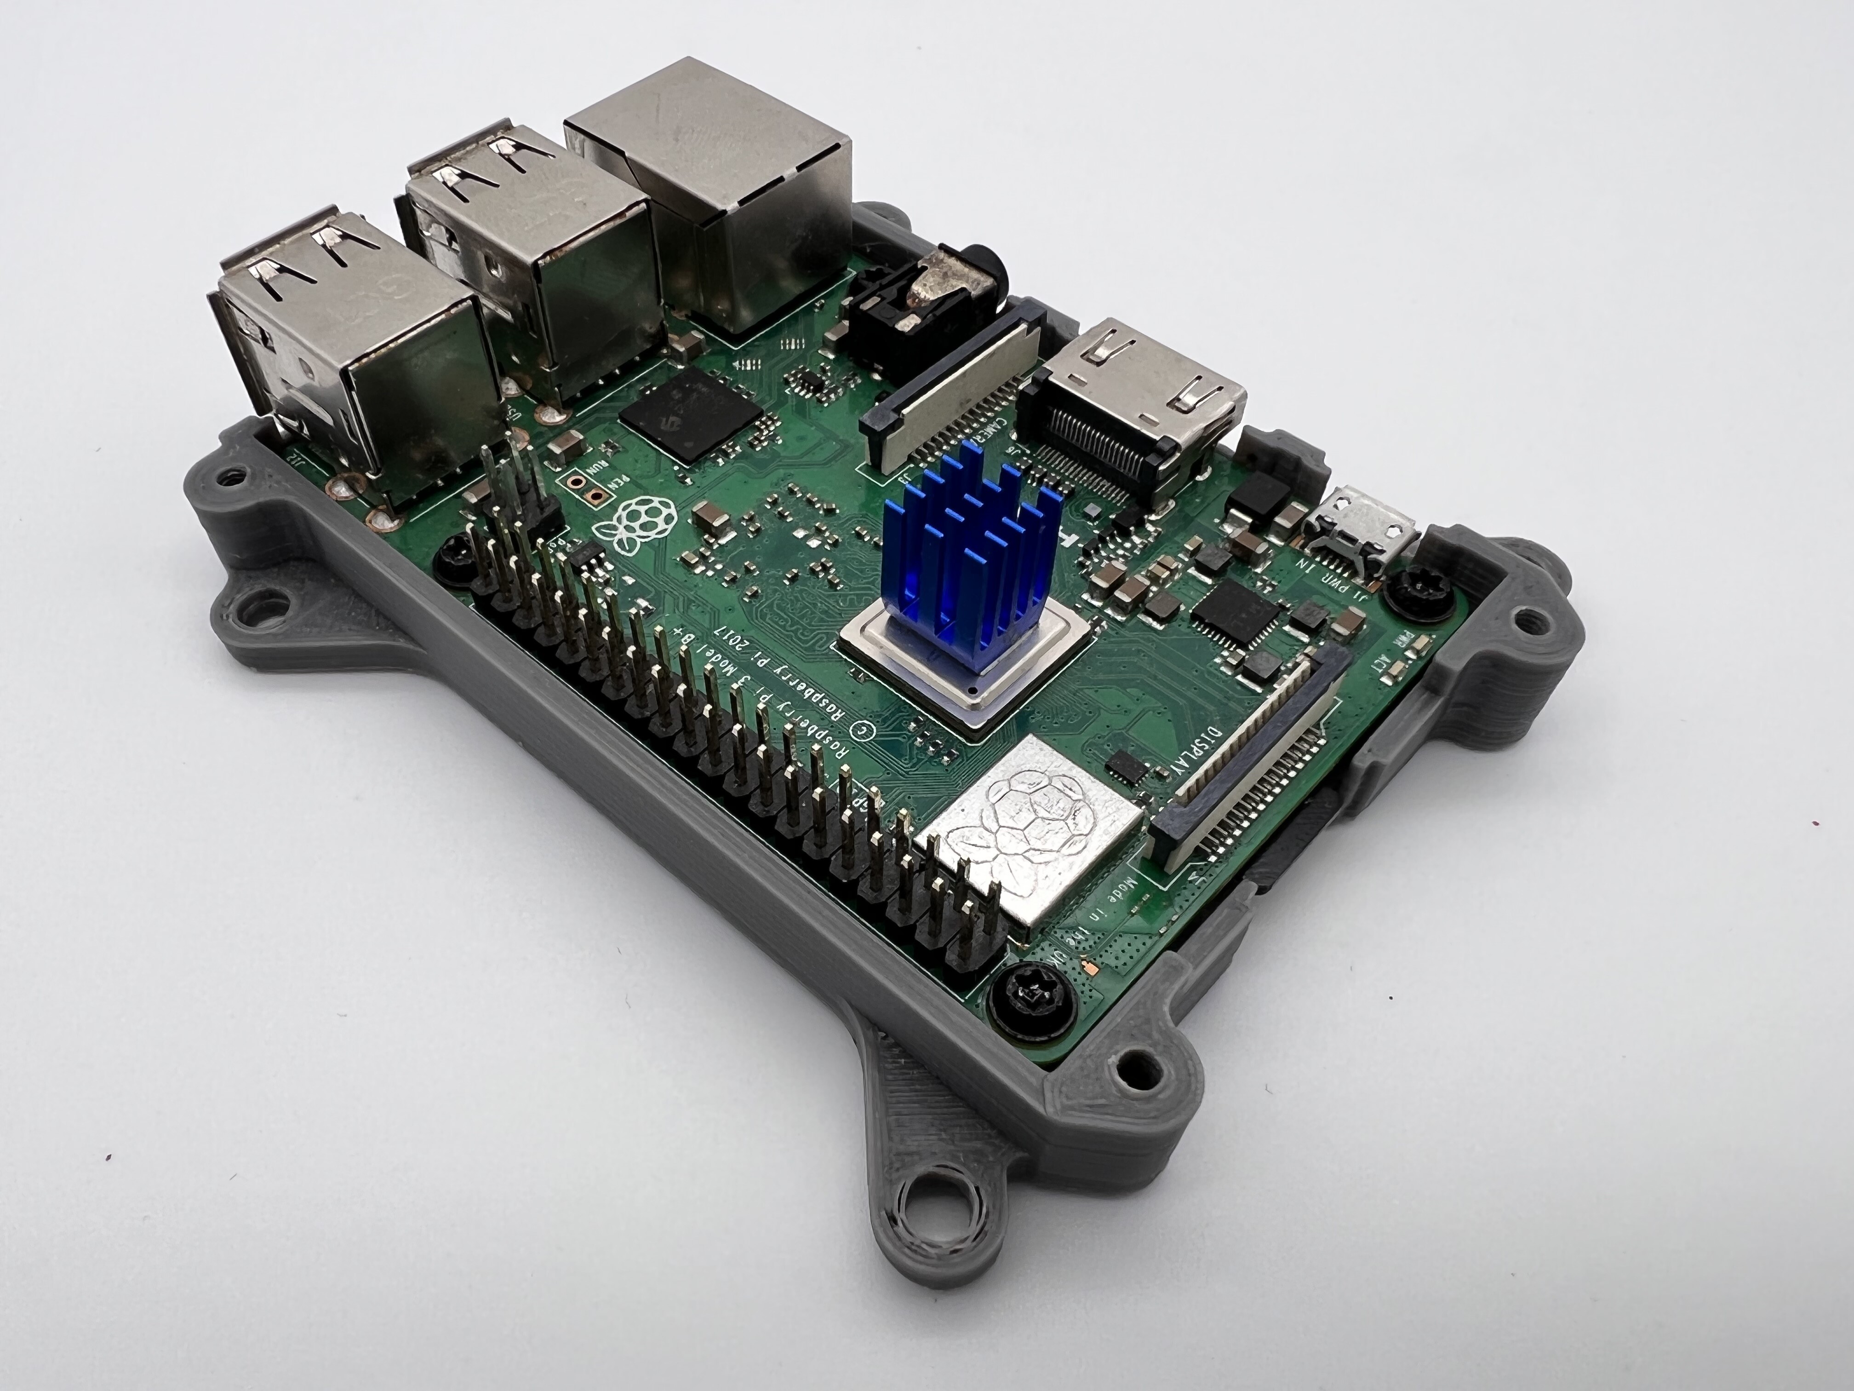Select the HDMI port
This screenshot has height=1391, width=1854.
pos(1140,411)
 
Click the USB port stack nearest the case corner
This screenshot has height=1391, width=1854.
pos(352,361)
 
